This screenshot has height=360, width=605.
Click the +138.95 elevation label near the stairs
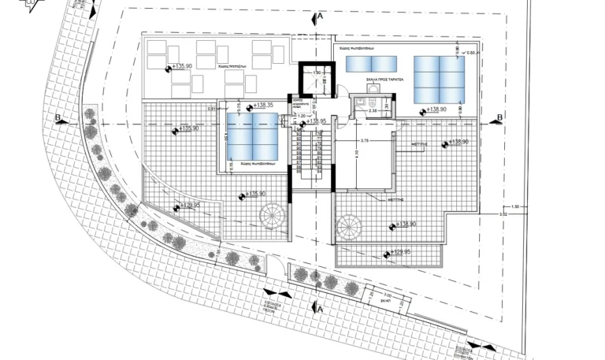pos(317,121)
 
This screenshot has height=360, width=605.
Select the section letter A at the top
pos(318,16)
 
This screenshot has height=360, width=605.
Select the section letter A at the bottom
pos(320,309)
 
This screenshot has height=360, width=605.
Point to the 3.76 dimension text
pos(365,140)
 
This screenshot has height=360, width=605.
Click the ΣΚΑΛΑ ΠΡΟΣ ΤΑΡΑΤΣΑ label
pos(384,80)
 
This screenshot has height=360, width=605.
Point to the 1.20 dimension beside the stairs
pos(302,117)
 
